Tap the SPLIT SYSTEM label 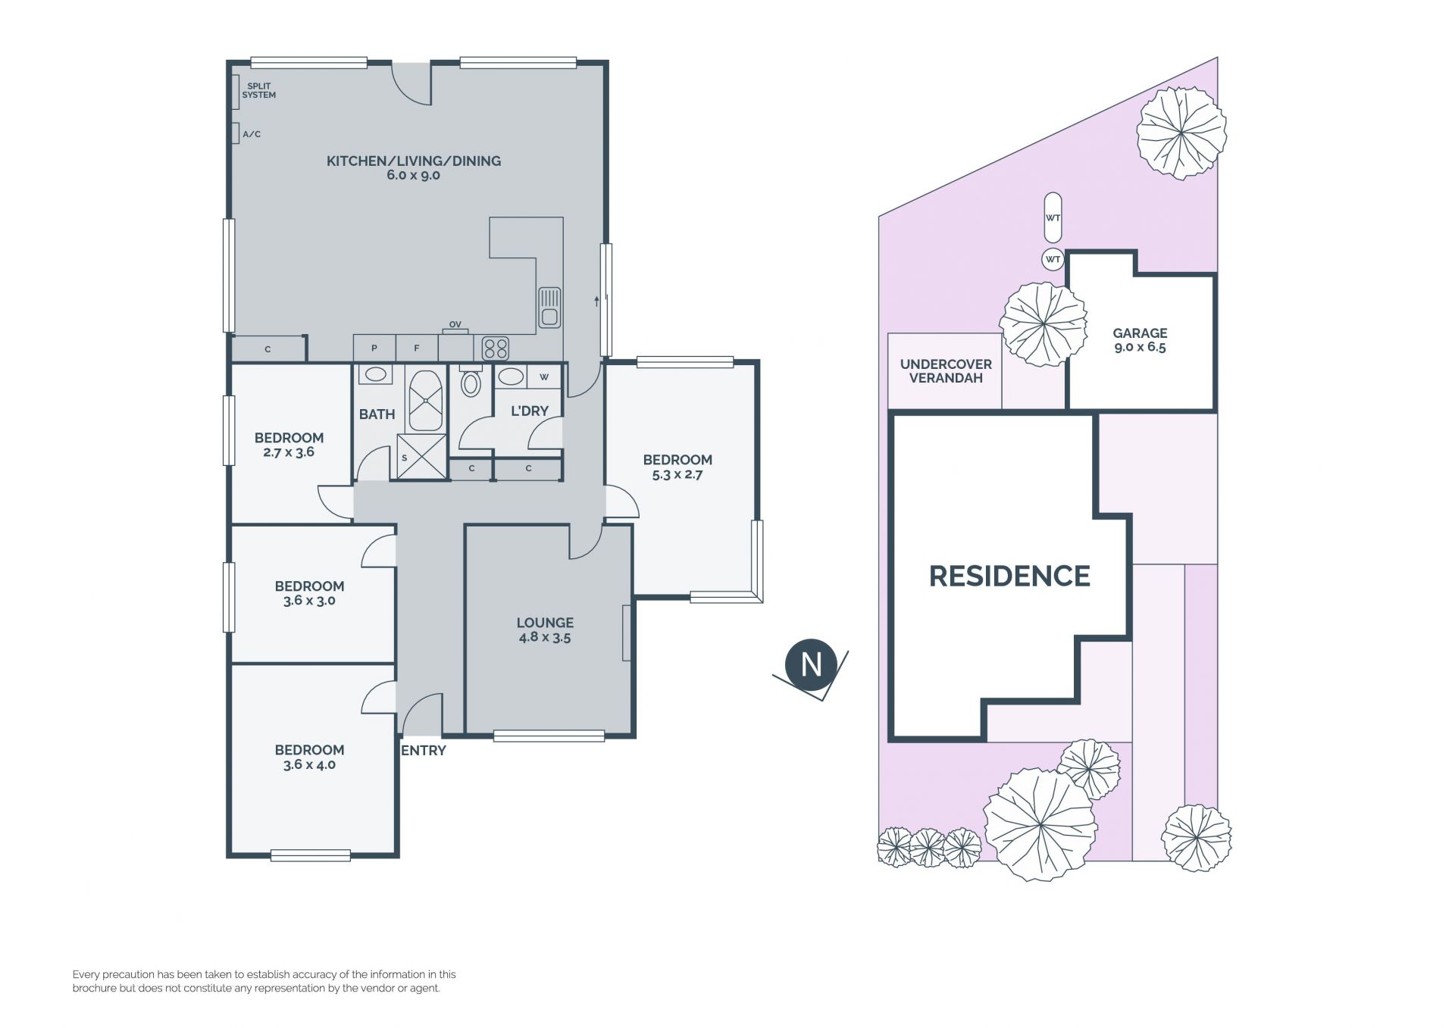pyautogui.click(x=258, y=91)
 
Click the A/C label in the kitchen pyautogui.click(x=252, y=134)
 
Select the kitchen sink pyautogui.click(x=549, y=307)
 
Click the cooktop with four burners pyautogui.click(x=496, y=348)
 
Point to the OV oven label pyautogui.click(x=455, y=325)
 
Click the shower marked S pyautogui.click(x=421, y=456)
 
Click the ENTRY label pyautogui.click(x=424, y=751)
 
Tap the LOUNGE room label pyautogui.click(x=545, y=623)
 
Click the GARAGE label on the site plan pyautogui.click(x=1140, y=333)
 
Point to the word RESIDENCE pyautogui.click(x=1009, y=576)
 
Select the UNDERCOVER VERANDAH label pyautogui.click(x=946, y=371)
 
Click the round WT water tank pyautogui.click(x=1053, y=260)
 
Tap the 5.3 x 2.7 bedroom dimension pyautogui.click(x=677, y=475)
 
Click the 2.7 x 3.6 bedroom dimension pyautogui.click(x=289, y=452)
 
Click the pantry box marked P pyautogui.click(x=374, y=348)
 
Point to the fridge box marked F pyautogui.click(x=417, y=348)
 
